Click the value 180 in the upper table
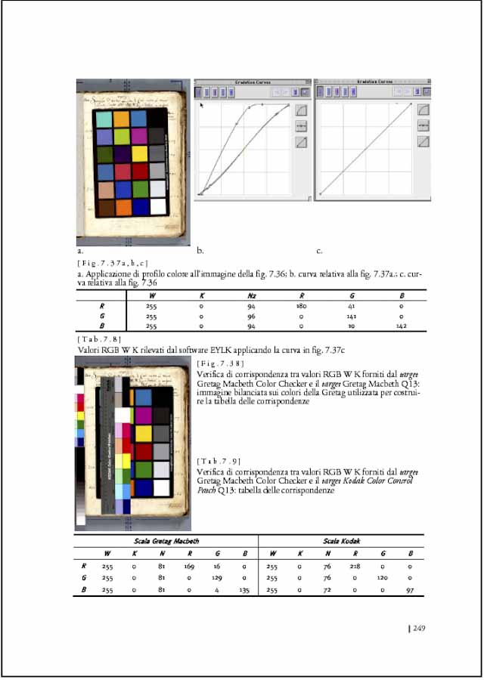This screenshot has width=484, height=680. [301, 306]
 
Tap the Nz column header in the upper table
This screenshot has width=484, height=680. [252, 295]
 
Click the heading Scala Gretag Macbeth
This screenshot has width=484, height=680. [166, 541]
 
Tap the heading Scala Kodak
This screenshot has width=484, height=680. [341, 541]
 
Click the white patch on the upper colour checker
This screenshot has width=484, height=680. [158, 206]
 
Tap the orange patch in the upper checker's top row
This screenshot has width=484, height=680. [121, 119]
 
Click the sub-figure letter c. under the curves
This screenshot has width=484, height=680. [319, 249]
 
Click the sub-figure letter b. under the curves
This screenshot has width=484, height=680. [200, 249]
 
